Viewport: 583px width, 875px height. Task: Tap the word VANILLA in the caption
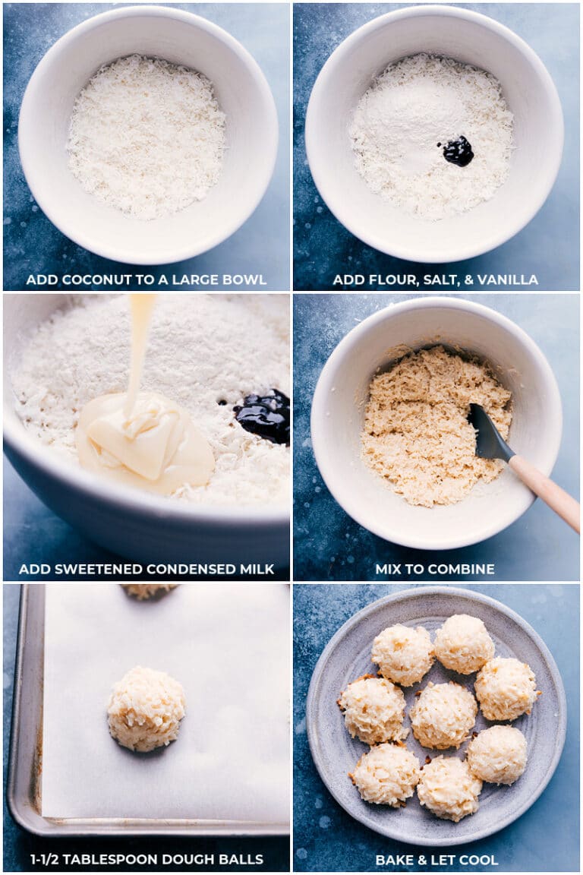510,280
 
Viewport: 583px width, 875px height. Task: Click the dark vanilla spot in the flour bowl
458,150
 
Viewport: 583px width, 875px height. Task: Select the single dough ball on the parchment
146,708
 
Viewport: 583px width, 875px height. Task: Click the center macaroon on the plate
443,714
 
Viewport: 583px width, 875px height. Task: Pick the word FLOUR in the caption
382,280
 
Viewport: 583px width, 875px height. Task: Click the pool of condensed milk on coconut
144,448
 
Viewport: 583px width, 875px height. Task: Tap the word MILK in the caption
256,569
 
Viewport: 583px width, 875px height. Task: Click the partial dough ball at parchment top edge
148,590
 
